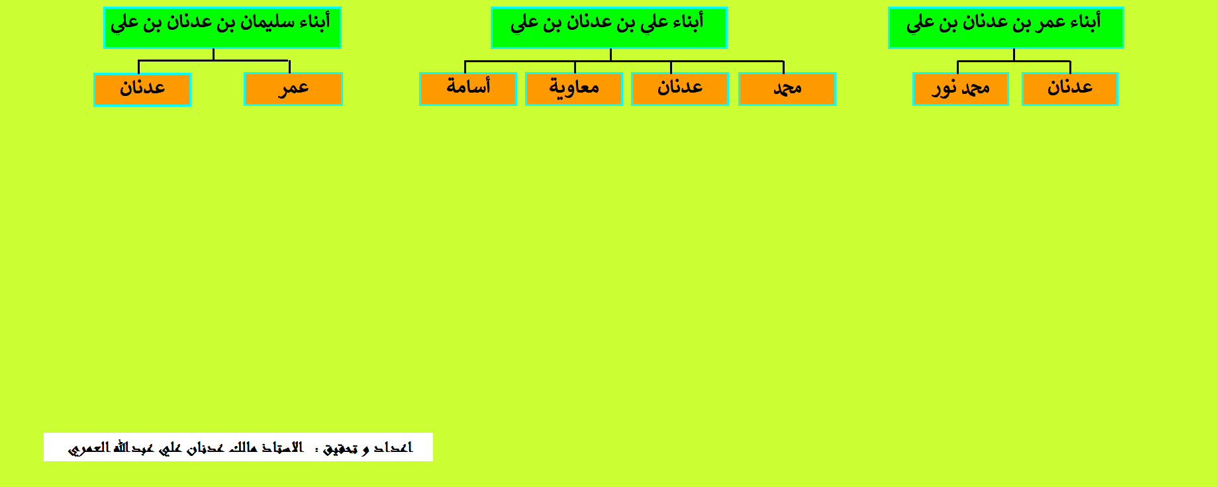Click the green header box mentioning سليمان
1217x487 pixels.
coord(222,28)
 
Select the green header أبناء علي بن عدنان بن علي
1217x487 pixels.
coord(609,28)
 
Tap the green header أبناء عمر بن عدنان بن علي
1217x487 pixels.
coord(1006,28)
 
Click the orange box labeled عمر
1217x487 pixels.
coord(293,89)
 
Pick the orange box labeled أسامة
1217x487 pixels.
coord(468,89)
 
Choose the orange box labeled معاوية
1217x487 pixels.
coord(574,89)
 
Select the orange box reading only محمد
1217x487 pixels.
coord(787,89)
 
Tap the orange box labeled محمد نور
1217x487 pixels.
coord(961,89)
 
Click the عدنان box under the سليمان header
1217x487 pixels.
coord(142,89)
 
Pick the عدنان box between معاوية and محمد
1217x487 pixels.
coord(680,89)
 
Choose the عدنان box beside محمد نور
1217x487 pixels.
coord(1070,89)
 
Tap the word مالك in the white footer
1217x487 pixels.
coord(243,448)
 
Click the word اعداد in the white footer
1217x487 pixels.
coord(393,448)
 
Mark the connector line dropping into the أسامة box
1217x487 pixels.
coord(465,67)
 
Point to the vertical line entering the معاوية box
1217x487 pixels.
coord(575,67)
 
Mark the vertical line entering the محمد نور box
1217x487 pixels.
coord(957,67)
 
